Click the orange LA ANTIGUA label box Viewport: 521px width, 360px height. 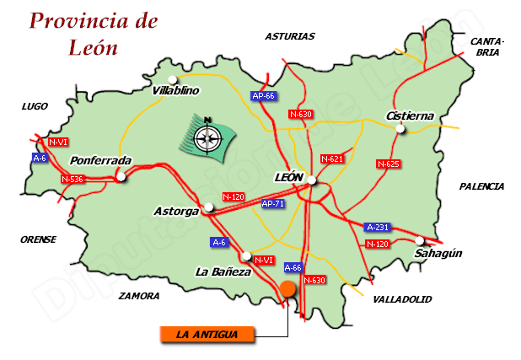pos(207,335)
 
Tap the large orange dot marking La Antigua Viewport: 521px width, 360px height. pos(288,289)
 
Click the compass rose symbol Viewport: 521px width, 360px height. pos(207,135)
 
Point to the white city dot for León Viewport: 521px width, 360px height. pos(312,180)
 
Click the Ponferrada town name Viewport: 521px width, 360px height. pos(102,160)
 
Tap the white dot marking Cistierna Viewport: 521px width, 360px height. pos(401,129)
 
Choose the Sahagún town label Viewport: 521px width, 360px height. pos(439,253)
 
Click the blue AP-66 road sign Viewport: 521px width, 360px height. pos(264,96)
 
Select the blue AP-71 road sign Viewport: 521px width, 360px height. pos(272,204)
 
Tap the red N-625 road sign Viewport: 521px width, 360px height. pos(388,164)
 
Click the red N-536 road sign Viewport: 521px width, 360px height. pos(73,179)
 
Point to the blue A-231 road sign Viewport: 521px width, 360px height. pos(378,228)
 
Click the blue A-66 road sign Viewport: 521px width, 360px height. pos(293,267)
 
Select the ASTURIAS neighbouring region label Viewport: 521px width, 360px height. pos(289,36)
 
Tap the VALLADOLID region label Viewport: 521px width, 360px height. pos(401,299)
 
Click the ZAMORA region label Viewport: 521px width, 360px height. pos(140,296)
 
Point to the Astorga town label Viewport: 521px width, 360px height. pos(176,210)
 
